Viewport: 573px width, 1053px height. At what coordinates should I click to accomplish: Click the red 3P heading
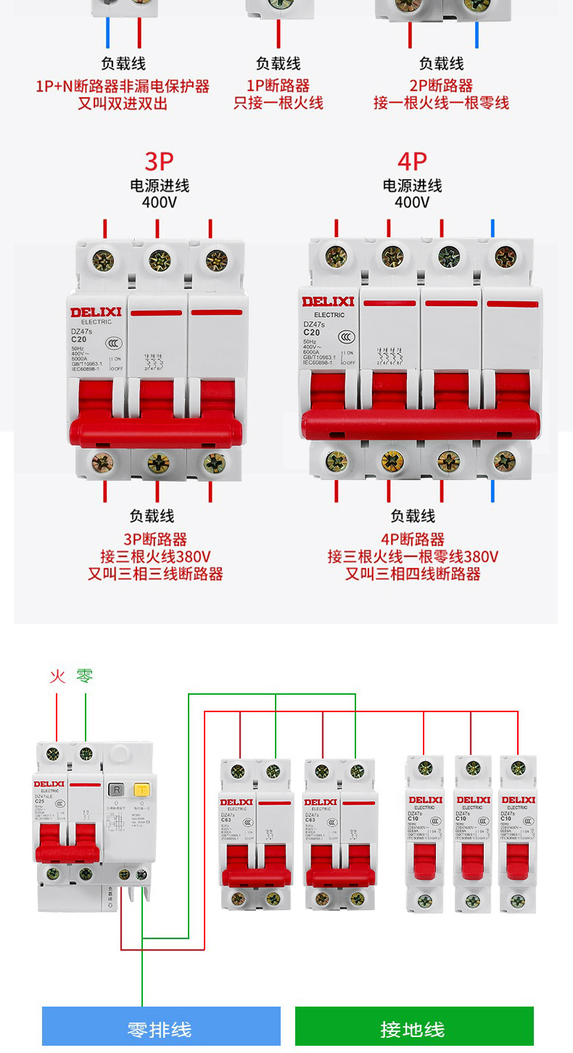[159, 161]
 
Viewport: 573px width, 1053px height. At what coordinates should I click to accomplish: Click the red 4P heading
[412, 161]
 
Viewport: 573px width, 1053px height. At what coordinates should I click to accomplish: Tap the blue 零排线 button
[161, 1028]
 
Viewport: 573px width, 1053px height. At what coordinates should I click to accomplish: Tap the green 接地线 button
[413, 1028]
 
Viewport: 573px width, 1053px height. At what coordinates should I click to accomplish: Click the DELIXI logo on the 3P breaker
[96, 313]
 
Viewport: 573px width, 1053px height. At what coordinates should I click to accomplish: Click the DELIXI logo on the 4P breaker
[329, 301]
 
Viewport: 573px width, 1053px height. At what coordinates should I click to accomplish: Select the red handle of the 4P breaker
[421, 424]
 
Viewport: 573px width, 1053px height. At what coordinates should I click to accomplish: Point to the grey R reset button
[116, 790]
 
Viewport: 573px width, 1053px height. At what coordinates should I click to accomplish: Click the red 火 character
[57, 677]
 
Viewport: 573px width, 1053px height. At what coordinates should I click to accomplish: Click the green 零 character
[85, 677]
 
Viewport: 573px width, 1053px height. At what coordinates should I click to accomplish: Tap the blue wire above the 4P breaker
[493, 228]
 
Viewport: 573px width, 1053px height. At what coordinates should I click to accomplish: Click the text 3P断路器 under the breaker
[155, 540]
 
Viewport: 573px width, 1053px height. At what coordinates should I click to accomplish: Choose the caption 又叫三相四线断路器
[413, 574]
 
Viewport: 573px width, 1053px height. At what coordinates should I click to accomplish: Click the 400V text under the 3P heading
[159, 202]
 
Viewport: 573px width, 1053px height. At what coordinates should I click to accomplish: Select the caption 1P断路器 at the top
[279, 86]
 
